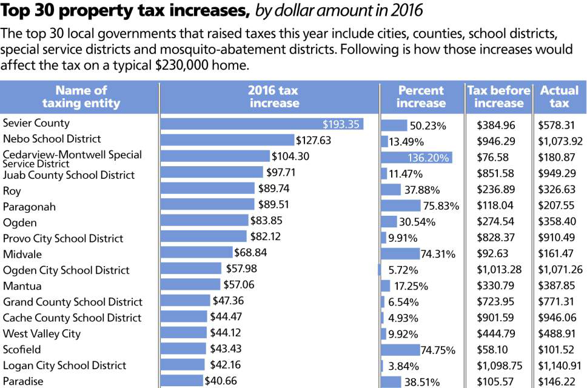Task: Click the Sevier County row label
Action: pos(36,123)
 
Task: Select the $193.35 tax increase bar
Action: pos(261,124)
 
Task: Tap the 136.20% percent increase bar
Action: pos(416,158)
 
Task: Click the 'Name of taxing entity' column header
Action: pos(81,96)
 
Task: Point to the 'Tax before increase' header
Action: pos(498,96)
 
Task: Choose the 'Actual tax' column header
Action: pos(559,96)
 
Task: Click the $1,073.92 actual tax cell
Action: pos(560,141)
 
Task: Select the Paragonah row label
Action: pos(29,207)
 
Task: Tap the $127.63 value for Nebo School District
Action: pos(314,140)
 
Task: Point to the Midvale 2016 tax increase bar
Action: pos(196,252)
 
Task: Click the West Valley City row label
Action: pos(42,333)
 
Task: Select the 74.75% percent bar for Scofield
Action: pos(400,350)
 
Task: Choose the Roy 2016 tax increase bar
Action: pos(207,189)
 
